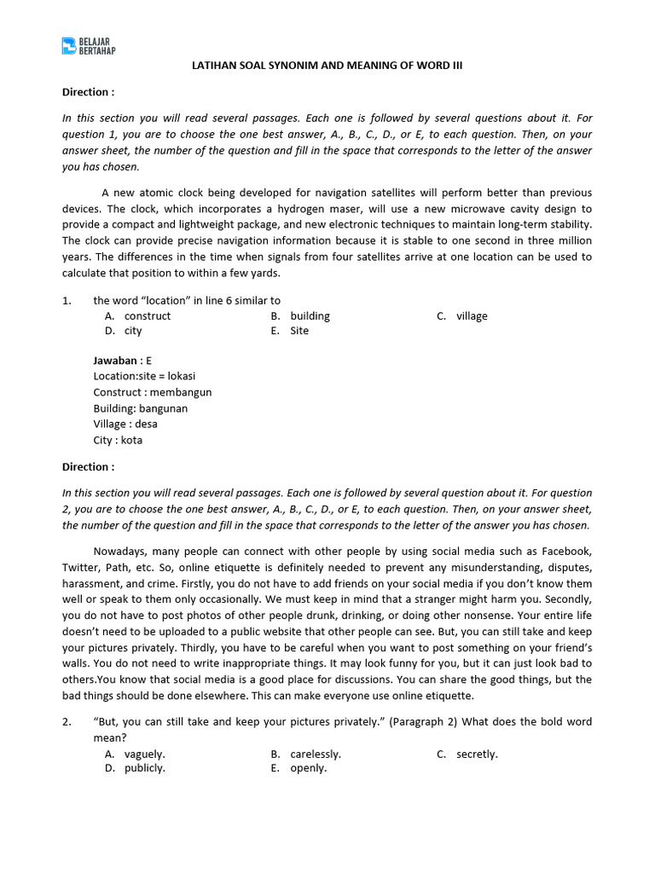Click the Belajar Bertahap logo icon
click(x=69, y=45)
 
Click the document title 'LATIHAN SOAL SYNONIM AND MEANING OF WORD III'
click(x=327, y=65)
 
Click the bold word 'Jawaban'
click(x=115, y=361)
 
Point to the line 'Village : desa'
click(x=125, y=424)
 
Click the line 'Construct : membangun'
click(x=153, y=392)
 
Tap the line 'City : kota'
click(x=118, y=440)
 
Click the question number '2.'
click(x=67, y=721)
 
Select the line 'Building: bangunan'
click(x=141, y=408)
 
